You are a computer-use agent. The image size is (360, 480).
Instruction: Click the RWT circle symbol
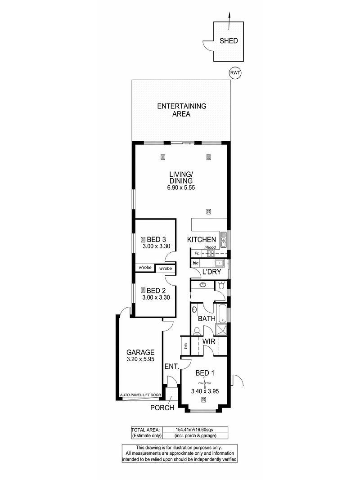pyautogui.click(x=235, y=73)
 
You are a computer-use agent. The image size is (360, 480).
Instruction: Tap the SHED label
pyautogui.click(x=229, y=41)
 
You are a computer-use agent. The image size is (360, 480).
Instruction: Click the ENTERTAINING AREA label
pyautogui.click(x=181, y=110)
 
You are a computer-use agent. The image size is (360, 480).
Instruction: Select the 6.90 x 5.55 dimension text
pyautogui.click(x=181, y=188)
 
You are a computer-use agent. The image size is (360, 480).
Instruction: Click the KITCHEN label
pyautogui.click(x=202, y=239)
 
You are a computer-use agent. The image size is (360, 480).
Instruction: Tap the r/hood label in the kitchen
pyautogui.click(x=210, y=247)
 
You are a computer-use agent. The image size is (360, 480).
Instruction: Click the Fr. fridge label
pyautogui.click(x=197, y=253)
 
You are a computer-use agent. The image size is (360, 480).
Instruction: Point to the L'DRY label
pyautogui.click(x=211, y=272)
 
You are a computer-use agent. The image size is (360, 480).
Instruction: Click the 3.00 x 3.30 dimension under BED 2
pyautogui.click(x=156, y=297)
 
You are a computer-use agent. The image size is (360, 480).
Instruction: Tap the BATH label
pyautogui.click(x=207, y=319)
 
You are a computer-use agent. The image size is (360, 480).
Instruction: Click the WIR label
pyautogui.click(x=209, y=341)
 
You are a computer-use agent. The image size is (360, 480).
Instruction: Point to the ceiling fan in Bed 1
pyautogui.click(x=203, y=382)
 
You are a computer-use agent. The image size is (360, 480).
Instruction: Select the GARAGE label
pyautogui.click(x=140, y=352)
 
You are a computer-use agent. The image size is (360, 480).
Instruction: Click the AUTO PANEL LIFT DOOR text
pyautogui.click(x=140, y=395)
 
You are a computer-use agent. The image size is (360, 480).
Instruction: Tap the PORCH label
pyautogui.click(x=162, y=408)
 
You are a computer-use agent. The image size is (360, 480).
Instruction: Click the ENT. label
pyautogui.click(x=172, y=366)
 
